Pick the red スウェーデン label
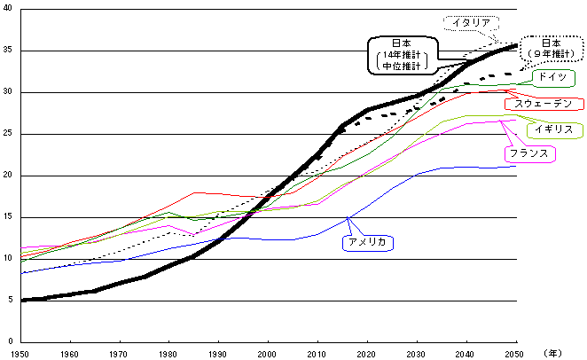pos(544,105)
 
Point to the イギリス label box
pos(554,130)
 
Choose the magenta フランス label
pos(531,154)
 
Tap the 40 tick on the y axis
pos(8,9)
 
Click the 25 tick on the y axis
pos(8,134)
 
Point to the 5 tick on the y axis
pos(11,301)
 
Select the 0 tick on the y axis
pos(11,342)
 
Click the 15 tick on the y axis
pos(8,217)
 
